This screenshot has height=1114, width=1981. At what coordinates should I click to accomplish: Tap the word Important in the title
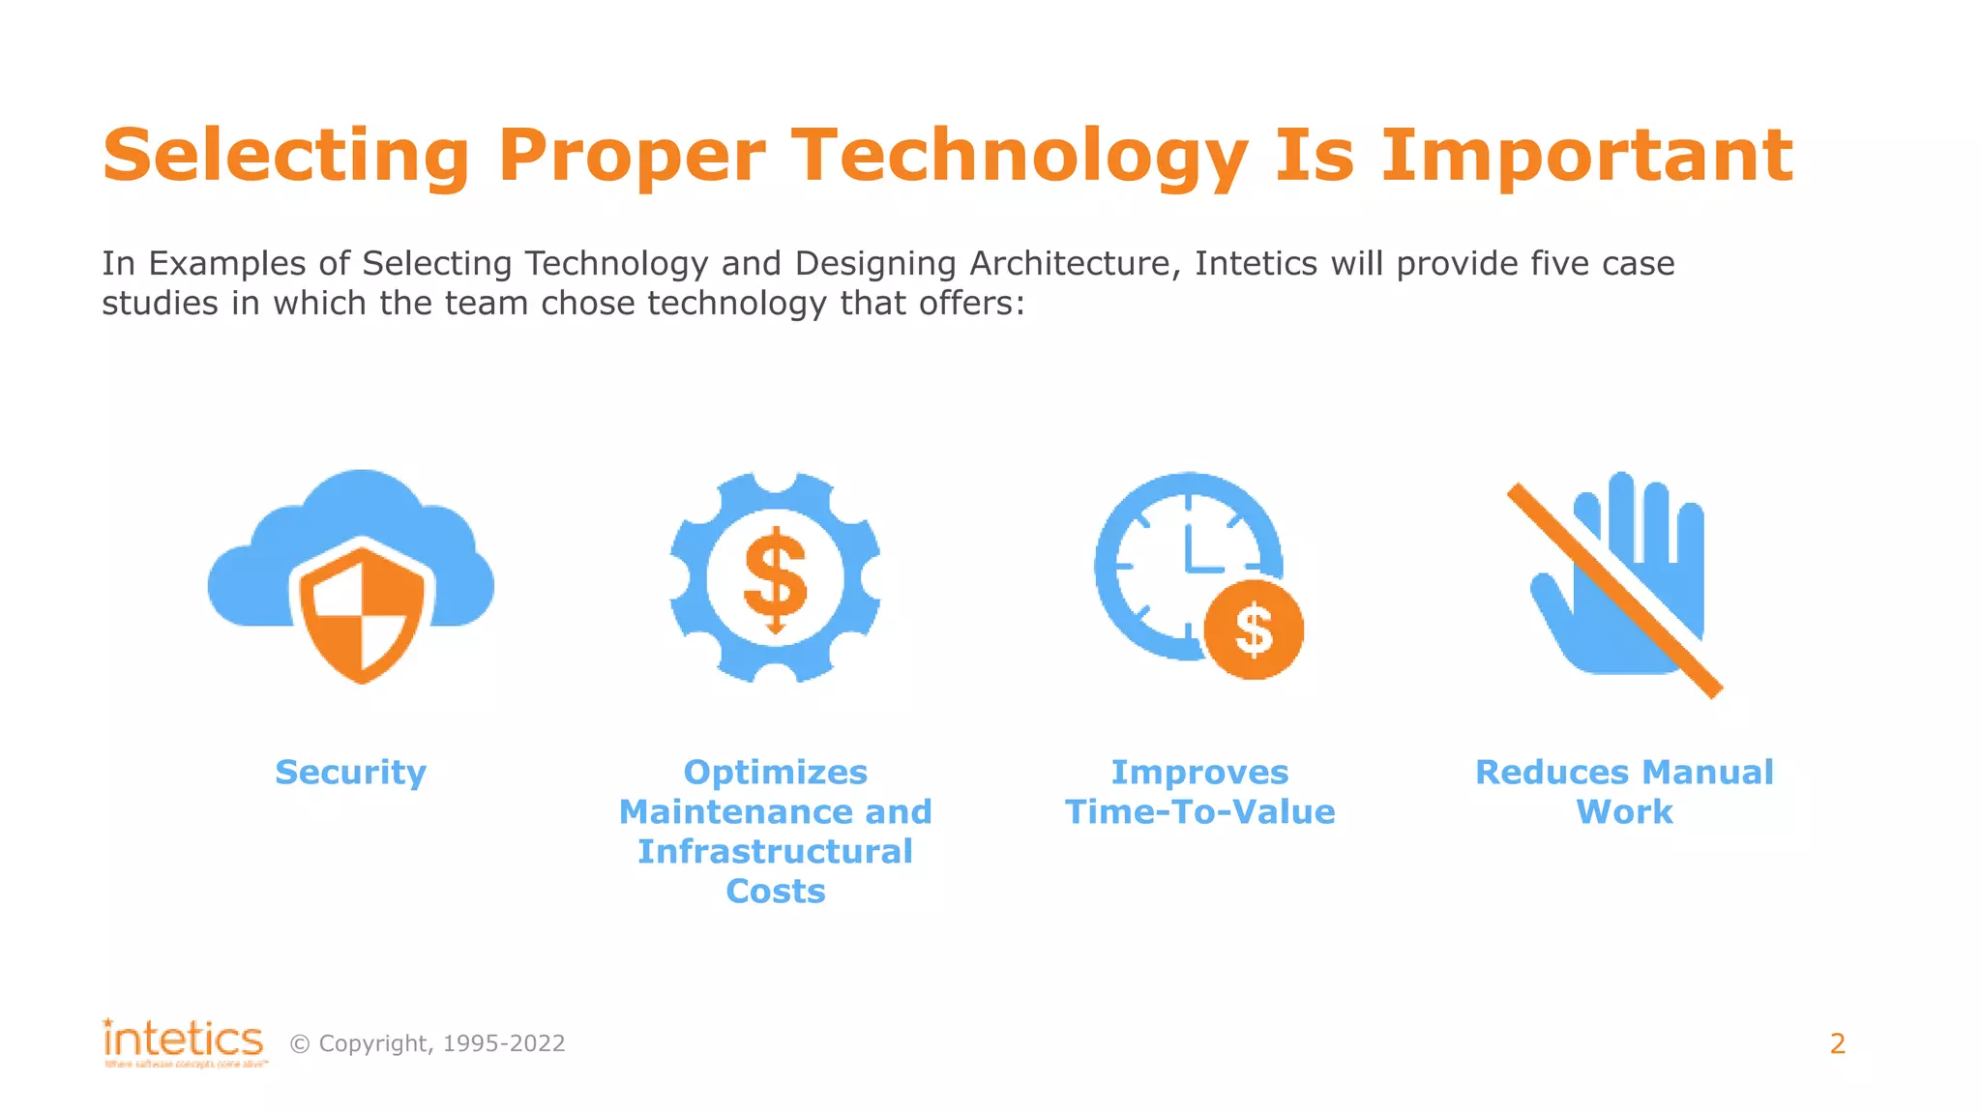click(1586, 157)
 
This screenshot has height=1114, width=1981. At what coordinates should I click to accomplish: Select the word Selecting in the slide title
click(286, 157)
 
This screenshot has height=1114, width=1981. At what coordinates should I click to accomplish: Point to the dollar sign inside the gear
click(775, 579)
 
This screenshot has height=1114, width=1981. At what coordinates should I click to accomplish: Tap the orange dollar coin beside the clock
click(1254, 630)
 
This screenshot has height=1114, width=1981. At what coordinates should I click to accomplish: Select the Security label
click(350, 773)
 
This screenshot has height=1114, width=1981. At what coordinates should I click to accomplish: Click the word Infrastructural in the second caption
click(775, 852)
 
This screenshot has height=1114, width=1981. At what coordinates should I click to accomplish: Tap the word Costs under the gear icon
click(775, 892)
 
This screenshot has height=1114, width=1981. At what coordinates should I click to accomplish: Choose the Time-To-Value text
click(1199, 812)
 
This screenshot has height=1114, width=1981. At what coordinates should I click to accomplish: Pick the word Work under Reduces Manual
click(1624, 812)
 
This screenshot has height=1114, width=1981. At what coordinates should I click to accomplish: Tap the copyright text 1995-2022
click(503, 1044)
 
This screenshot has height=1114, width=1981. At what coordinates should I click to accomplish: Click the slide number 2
click(1837, 1044)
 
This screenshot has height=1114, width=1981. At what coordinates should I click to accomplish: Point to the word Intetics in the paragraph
click(1256, 264)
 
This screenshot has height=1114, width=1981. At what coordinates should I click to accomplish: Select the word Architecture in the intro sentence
click(1075, 264)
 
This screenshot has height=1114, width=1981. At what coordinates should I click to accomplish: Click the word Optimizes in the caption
click(775, 773)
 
